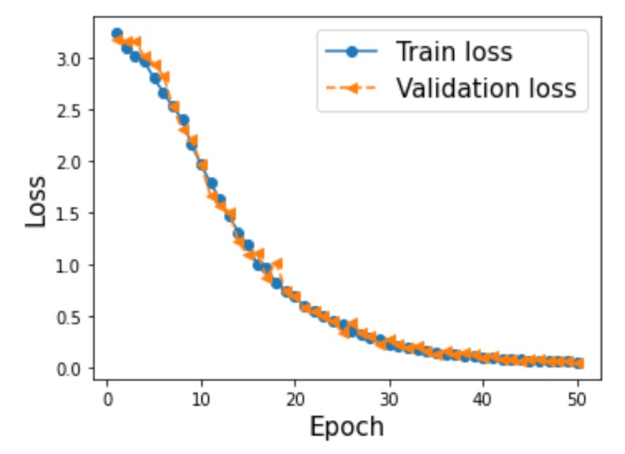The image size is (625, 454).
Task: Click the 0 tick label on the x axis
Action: pyautogui.click(x=108, y=399)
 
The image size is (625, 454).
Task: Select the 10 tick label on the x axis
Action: pyautogui.click(x=201, y=399)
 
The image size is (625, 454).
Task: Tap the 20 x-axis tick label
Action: pyautogui.click(x=295, y=399)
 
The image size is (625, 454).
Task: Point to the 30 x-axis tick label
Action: pyautogui.click(x=389, y=399)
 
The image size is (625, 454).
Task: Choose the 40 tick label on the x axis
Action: pyautogui.click(x=483, y=399)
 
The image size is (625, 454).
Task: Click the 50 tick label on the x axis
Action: pyautogui.click(x=577, y=399)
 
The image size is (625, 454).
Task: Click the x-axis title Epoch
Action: pyautogui.click(x=346, y=427)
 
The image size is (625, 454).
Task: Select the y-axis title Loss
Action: pyautogui.click(x=36, y=201)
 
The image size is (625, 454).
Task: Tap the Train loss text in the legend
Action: pyautogui.click(x=454, y=52)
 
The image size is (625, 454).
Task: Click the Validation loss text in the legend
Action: pyautogui.click(x=486, y=88)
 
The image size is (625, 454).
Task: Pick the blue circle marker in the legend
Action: pyautogui.click(x=352, y=52)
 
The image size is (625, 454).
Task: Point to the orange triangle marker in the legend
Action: pyautogui.click(x=352, y=88)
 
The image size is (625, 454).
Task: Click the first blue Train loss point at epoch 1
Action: pyautogui.click(x=117, y=33)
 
